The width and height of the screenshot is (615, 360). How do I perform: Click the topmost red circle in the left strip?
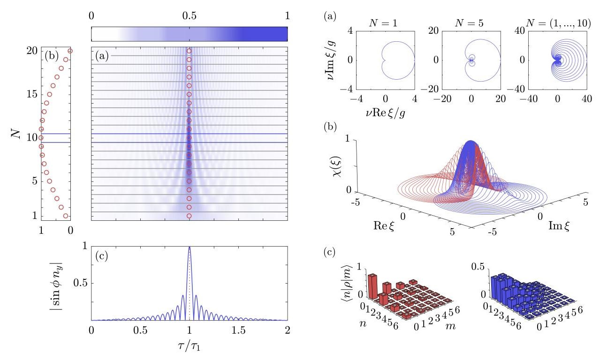[x=70, y=51]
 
